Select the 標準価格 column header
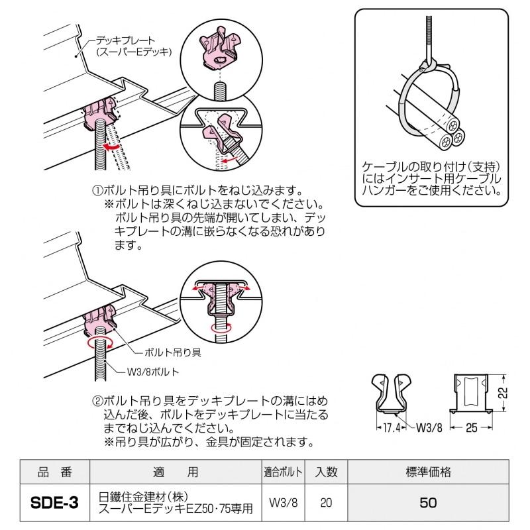click(x=428, y=472)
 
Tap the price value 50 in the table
click(x=428, y=503)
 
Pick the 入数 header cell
click(x=326, y=472)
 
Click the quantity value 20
click(x=326, y=503)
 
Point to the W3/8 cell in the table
click(x=284, y=503)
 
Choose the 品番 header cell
click(x=55, y=472)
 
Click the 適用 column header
click(x=175, y=472)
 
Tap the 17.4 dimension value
click(x=392, y=428)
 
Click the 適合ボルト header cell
click(x=284, y=472)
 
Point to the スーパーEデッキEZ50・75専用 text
click(x=176, y=509)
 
